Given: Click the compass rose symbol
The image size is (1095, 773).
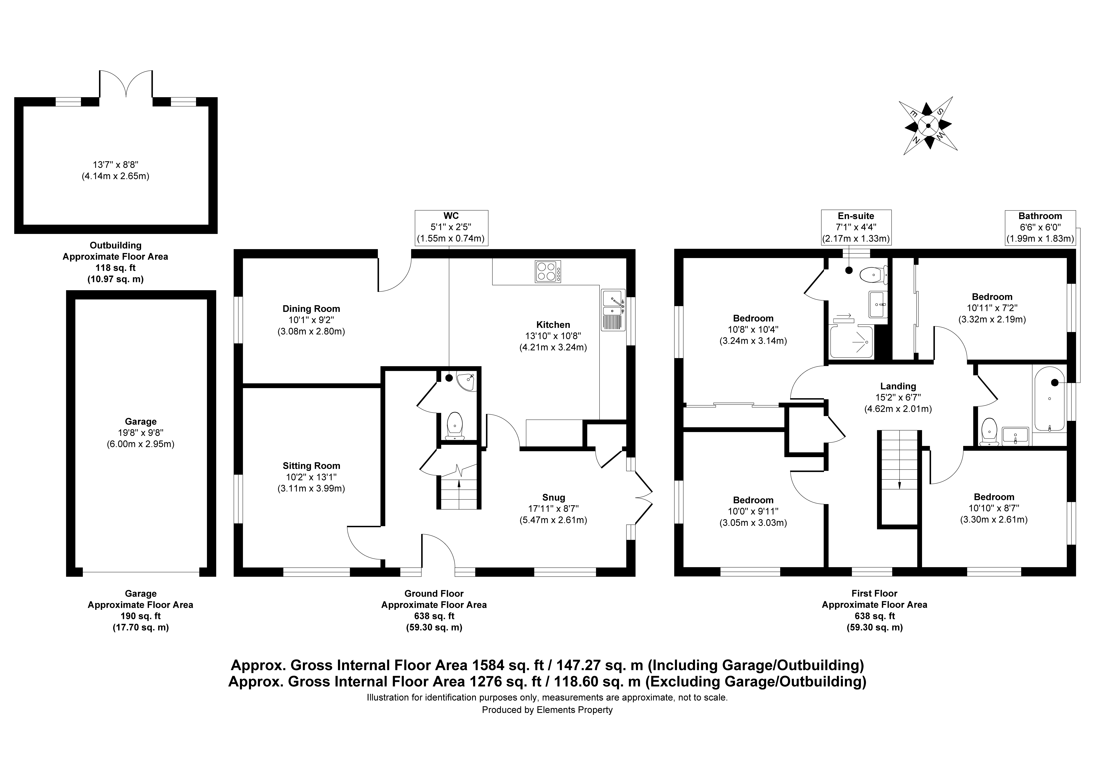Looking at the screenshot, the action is click(928, 126).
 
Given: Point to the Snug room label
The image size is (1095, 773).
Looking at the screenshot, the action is click(553, 498).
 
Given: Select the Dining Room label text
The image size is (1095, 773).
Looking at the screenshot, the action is click(311, 309).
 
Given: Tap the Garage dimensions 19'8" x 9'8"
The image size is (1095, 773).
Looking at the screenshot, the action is click(141, 433).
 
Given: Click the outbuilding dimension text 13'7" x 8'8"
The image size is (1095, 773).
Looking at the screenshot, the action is click(115, 164).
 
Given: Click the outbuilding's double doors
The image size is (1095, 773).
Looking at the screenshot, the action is click(126, 84).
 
